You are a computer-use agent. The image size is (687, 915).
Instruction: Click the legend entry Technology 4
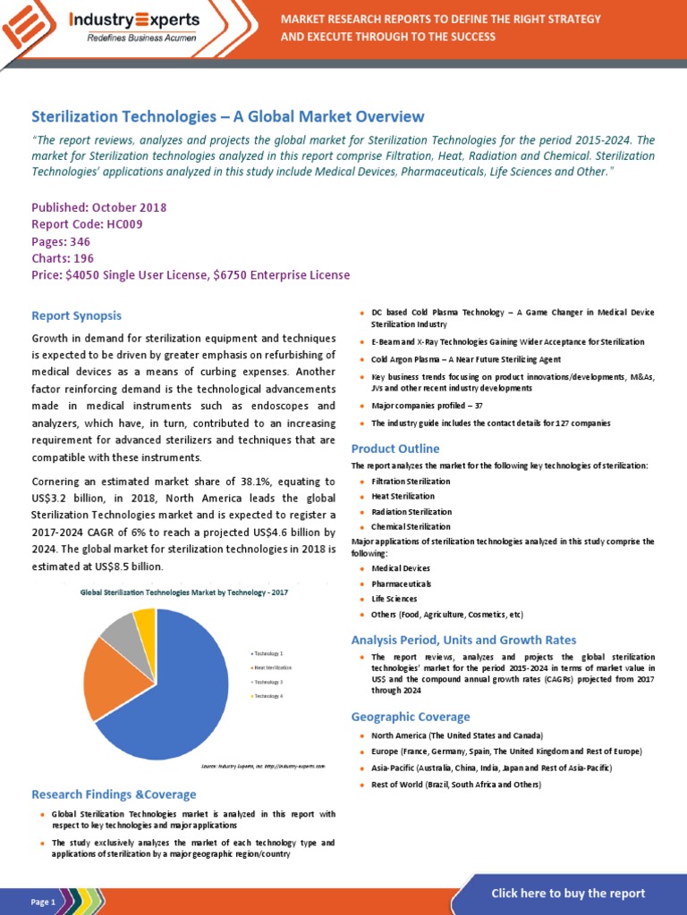pyautogui.click(x=268, y=695)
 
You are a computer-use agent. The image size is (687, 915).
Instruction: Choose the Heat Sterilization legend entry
pyautogui.click(x=272, y=667)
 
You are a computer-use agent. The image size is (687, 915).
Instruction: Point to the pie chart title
pyautogui.click(x=184, y=592)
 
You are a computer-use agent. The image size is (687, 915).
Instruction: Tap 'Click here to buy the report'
pyautogui.click(x=568, y=894)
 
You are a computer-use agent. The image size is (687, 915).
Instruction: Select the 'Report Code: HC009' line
pyautogui.click(x=87, y=224)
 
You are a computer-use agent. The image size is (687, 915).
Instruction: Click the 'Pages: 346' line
pyautogui.click(x=63, y=241)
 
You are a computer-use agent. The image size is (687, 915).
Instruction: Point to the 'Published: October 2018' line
pyautogui.click(x=98, y=207)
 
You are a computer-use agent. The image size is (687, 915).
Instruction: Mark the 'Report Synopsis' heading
pyautogui.click(x=76, y=315)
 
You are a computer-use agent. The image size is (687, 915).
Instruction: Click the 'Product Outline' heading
pyautogui.click(x=395, y=449)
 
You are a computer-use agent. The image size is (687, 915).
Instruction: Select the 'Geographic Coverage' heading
pyautogui.click(x=411, y=717)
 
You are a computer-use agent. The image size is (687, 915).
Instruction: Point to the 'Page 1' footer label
pyautogui.click(x=43, y=902)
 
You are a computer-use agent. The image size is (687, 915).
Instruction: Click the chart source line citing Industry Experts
pyautogui.click(x=262, y=766)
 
